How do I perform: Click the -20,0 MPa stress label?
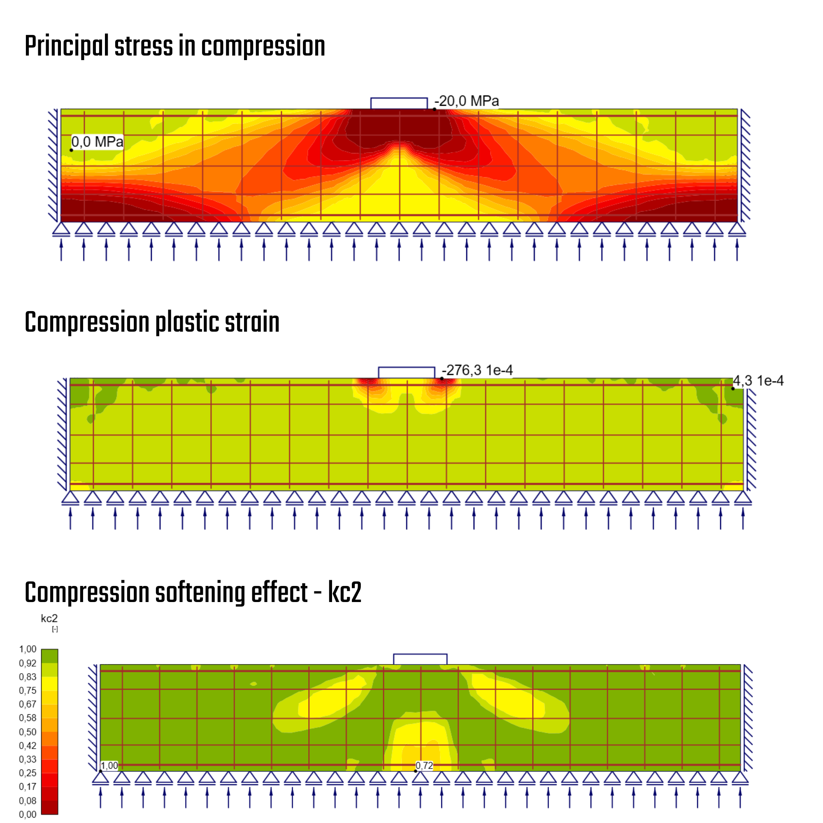coord(467,101)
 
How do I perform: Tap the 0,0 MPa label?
coord(97,142)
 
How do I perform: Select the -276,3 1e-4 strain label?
coord(477,370)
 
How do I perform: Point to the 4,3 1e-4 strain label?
coord(758,381)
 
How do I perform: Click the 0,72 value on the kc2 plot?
coord(424,765)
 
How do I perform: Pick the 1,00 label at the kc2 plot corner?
coord(109,765)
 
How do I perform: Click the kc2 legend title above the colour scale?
coord(49,618)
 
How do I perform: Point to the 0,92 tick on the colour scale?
coord(28,663)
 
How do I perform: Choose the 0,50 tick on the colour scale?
coord(28,732)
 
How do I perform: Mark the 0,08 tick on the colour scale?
coord(28,800)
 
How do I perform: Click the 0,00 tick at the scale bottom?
coord(28,814)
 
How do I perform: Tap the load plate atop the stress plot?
coord(399,103)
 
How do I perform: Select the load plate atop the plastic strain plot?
coord(407,372)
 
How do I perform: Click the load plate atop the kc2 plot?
coord(420,659)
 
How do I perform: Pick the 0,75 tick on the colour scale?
coord(28,690)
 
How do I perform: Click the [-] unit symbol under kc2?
coord(55,629)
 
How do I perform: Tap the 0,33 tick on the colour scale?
coord(28,759)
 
